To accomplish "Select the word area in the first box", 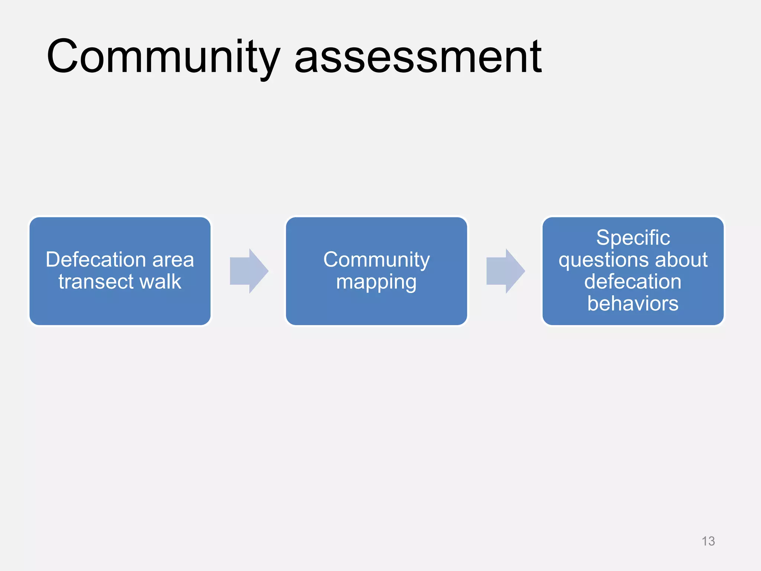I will coord(173,260).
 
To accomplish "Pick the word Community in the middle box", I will coord(376,259).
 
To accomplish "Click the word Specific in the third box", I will coord(633,238).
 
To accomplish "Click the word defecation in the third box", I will coord(633,281).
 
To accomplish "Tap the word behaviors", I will coord(633,303).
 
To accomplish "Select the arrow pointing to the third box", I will coord(505,271).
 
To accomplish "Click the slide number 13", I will coord(708,541).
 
